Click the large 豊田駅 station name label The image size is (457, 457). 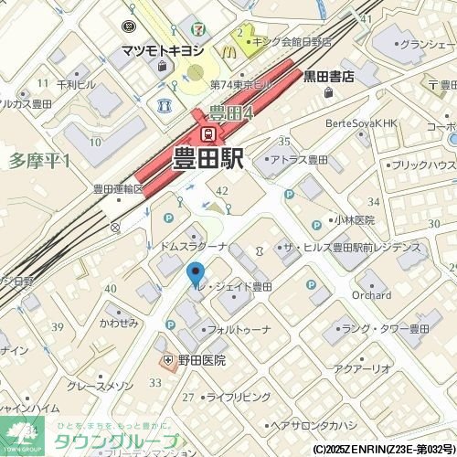tap(207, 158)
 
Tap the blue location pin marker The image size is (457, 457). tap(195, 272)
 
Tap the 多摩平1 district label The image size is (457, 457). tap(39, 160)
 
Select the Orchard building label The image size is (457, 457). tap(371, 295)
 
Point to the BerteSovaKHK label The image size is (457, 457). tap(362, 122)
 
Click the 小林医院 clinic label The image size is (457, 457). tap(354, 220)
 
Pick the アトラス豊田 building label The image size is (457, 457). tap(299, 160)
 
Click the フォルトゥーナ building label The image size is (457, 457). tap(239, 328)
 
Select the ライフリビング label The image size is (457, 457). tap(239, 397)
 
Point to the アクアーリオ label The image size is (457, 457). tap(363, 368)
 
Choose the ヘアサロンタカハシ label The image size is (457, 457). tap(313, 425)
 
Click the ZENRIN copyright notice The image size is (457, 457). tap(383, 450)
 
